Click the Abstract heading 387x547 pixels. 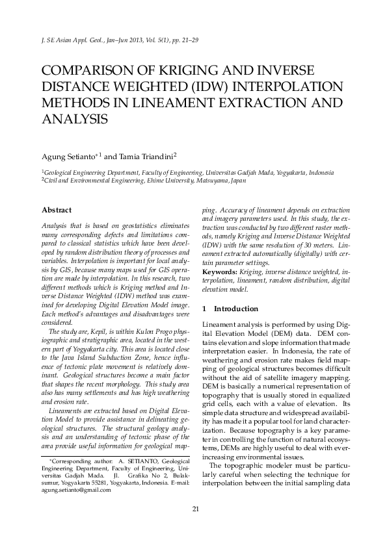(x=57, y=210)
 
